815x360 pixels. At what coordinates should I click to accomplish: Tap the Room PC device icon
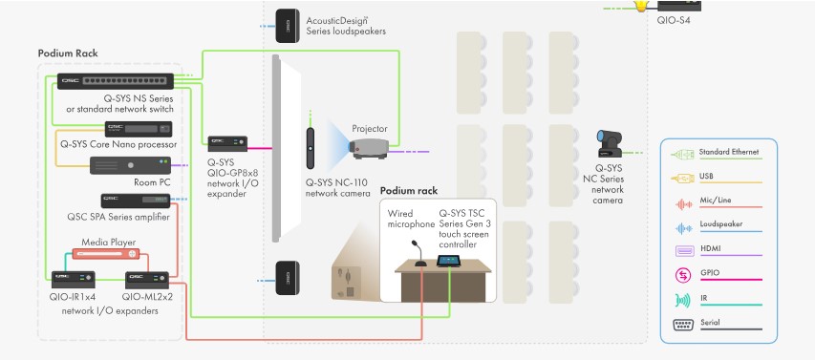131,164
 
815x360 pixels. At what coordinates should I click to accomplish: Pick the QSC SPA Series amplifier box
136,201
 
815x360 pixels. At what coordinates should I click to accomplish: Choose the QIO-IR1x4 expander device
73,280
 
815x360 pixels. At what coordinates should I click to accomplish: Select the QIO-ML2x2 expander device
148,280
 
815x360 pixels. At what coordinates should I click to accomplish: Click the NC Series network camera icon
609,144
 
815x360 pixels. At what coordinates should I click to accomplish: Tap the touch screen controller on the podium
447,260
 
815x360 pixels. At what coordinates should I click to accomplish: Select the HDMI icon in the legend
684,250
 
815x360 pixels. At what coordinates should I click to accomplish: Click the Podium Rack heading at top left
67,53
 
